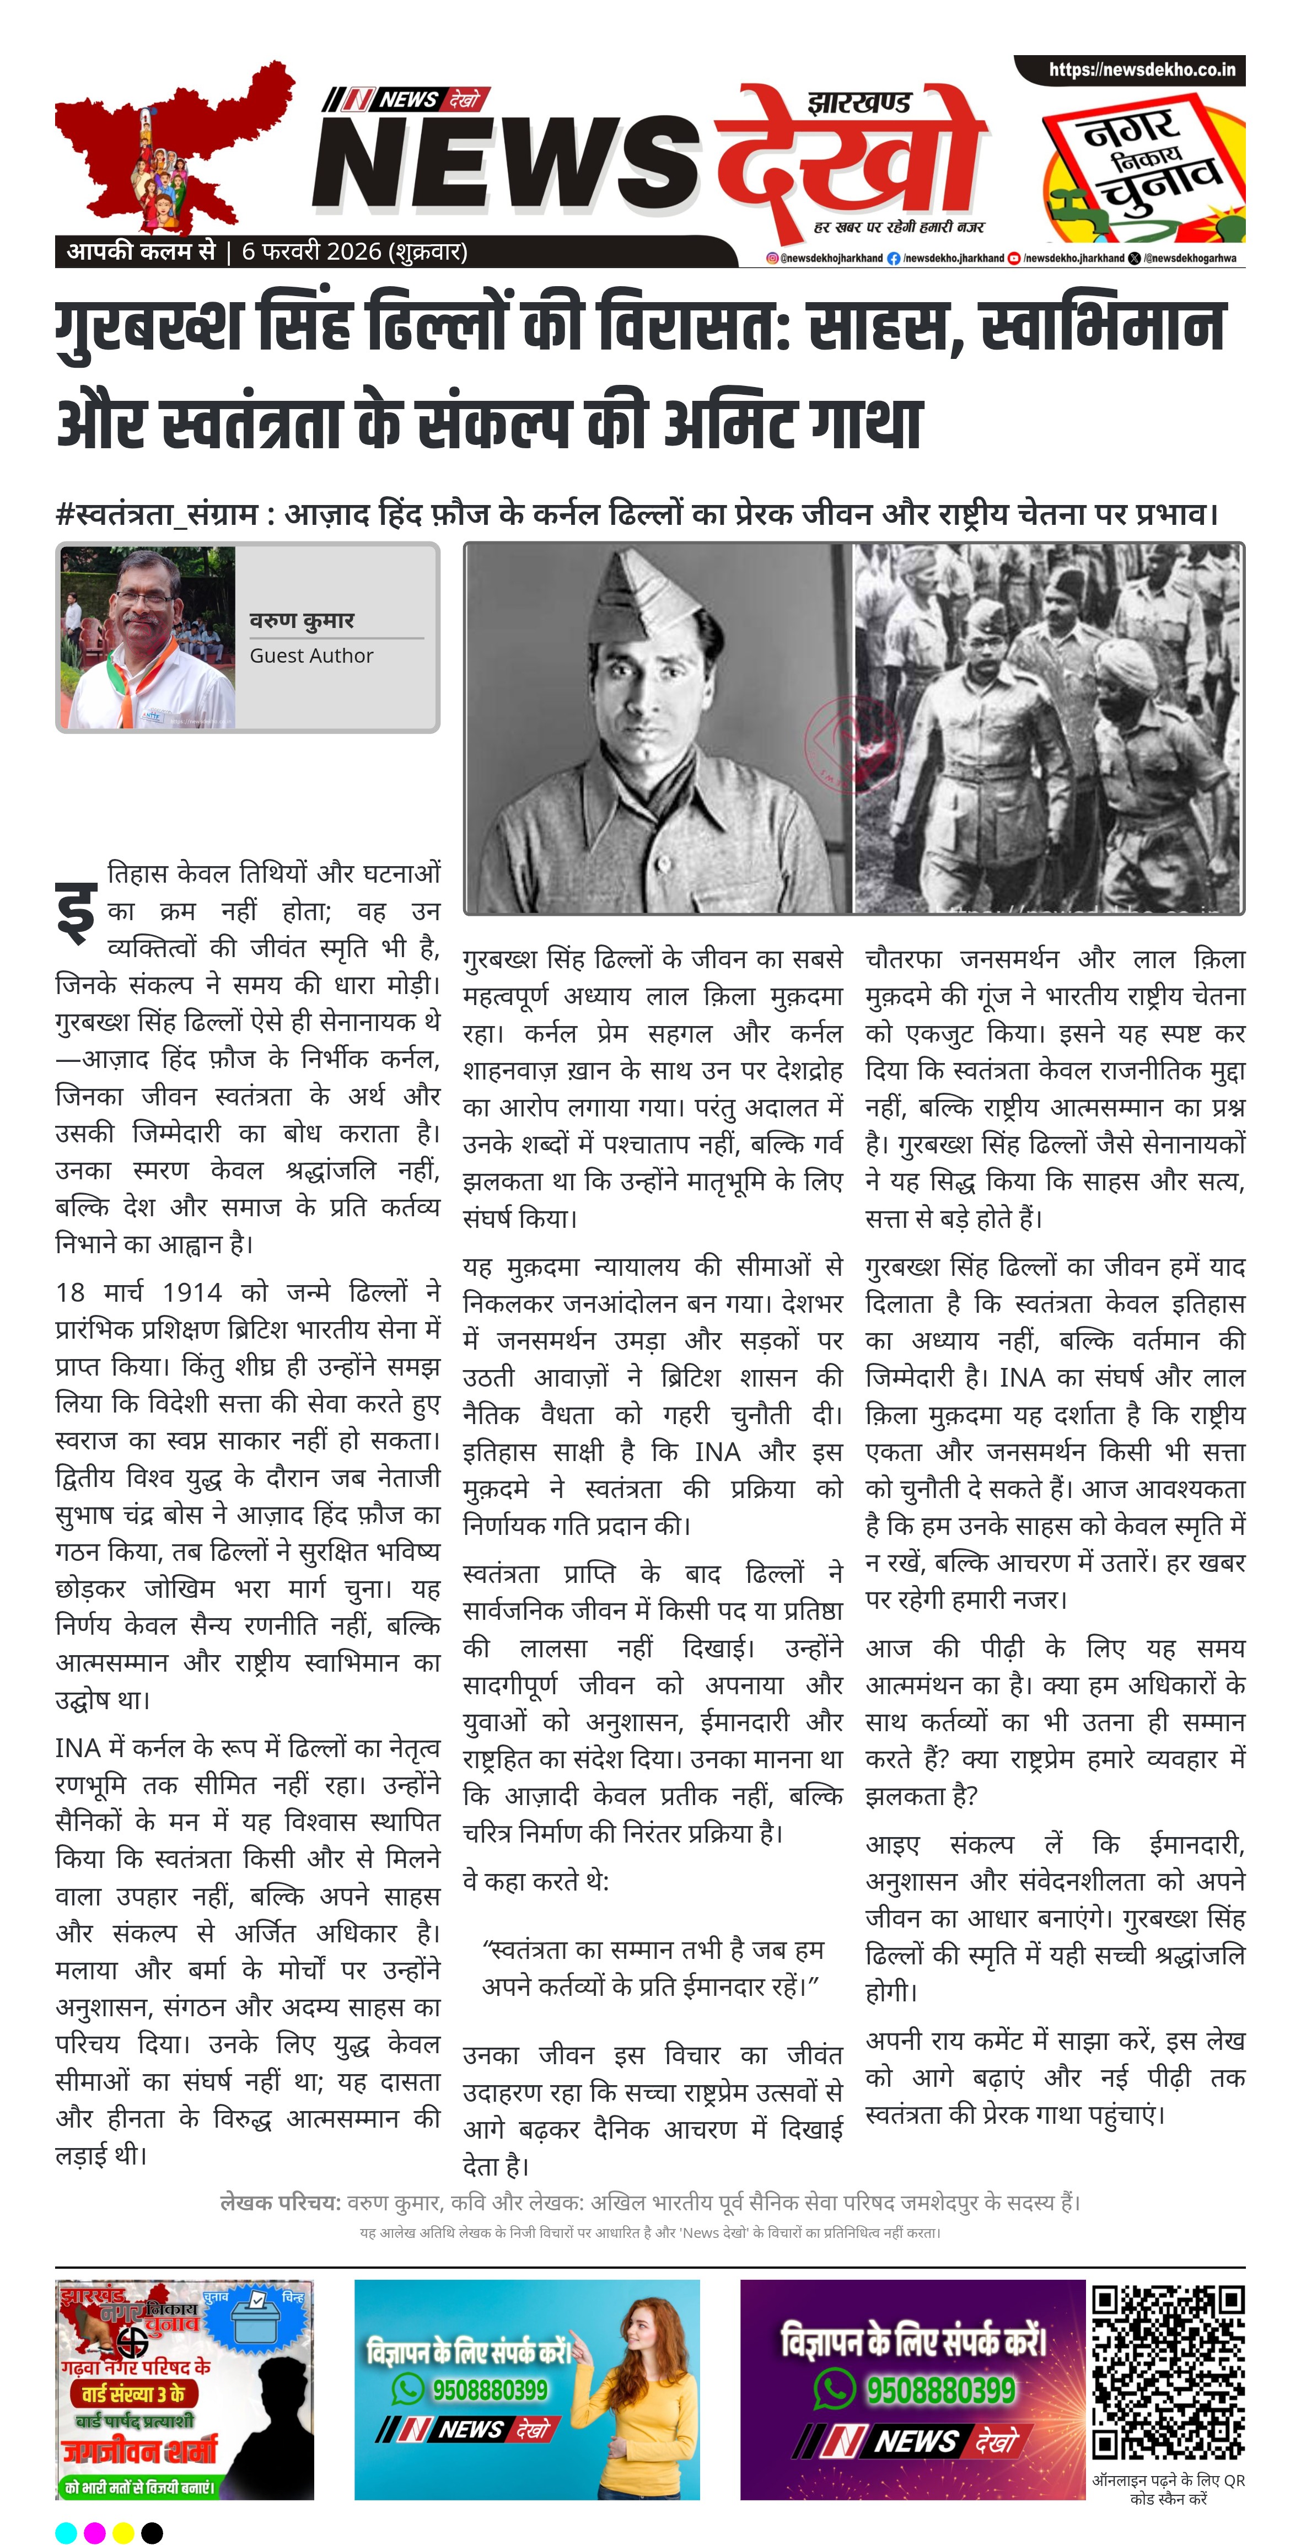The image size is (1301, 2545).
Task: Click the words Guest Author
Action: pos(311,656)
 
